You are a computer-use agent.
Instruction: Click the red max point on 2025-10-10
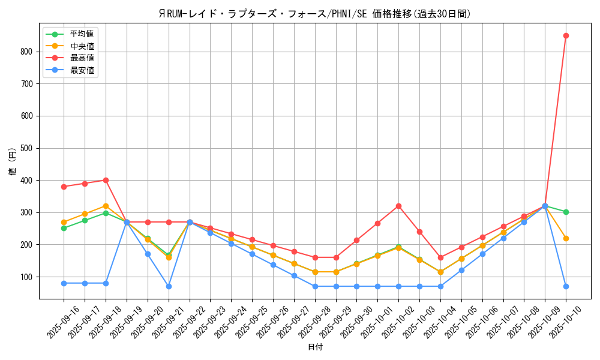pos(566,35)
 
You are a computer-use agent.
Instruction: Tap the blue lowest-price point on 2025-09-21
pos(169,286)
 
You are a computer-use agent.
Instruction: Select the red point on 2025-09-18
pos(106,180)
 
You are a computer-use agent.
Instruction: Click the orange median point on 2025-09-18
pos(106,206)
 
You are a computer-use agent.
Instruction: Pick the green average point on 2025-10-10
pos(566,212)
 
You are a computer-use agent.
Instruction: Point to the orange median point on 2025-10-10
pos(566,238)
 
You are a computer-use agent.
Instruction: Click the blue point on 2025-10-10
pos(566,286)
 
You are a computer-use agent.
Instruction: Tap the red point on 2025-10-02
pos(398,206)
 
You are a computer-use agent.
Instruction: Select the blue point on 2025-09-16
pos(64,283)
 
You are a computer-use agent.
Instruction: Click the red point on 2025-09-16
pos(64,187)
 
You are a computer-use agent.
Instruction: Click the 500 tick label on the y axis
pos(27,148)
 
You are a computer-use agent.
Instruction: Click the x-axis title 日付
pos(315,347)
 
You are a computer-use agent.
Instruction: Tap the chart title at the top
pos(315,14)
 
